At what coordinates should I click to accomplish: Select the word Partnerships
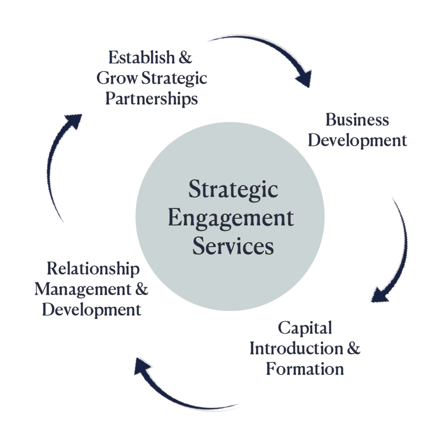coord(152,98)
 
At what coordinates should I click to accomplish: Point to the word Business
coord(357,120)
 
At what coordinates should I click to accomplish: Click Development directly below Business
coord(357,140)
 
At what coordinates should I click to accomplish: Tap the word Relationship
coord(93,268)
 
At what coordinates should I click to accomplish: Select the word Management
coord(83,289)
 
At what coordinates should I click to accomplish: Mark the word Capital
coord(305,328)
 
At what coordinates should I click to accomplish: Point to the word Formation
coord(305,368)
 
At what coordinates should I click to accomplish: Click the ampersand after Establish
coord(184,58)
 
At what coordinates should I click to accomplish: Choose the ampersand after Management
coord(142,289)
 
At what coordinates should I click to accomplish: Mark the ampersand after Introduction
coord(354,348)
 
